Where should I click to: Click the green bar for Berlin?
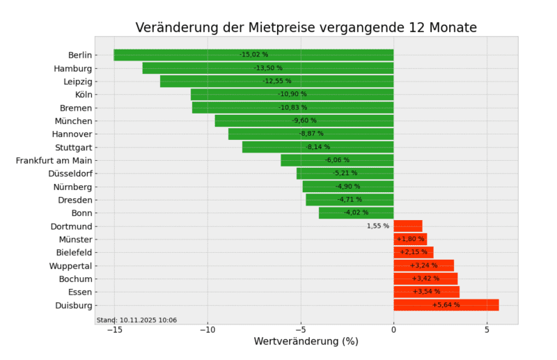pyautogui.click(x=174, y=55)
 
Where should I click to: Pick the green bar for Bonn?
pyautogui.click(x=334, y=213)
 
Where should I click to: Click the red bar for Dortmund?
pyautogui.click(x=407, y=226)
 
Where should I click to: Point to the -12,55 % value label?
pyautogui.click(x=277, y=81)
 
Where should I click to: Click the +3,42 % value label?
pyautogui.click(x=425, y=279)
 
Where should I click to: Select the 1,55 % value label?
pyautogui.click(x=378, y=226)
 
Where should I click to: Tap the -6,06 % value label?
pyautogui.click(x=337, y=160)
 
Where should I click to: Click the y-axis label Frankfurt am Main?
pyautogui.click(x=54, y=160)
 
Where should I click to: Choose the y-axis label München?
pyautogui.click(x=74, y=121)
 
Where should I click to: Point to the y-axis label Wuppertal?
pyautogui.click(x=70, y=266)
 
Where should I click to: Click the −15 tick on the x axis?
pyautogui.click(x=113, y=329)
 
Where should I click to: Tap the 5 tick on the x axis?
pyautogui.click(x=487, y=329)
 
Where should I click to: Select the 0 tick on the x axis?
pyautogui.click(x=393, y=329)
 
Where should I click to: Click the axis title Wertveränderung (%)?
pyautogui.click(x=306, y=342)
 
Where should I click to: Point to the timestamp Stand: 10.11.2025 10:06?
pyautogui.click(x=136, y=320)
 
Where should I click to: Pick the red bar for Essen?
pyautogui.click(x=426, y=292)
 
